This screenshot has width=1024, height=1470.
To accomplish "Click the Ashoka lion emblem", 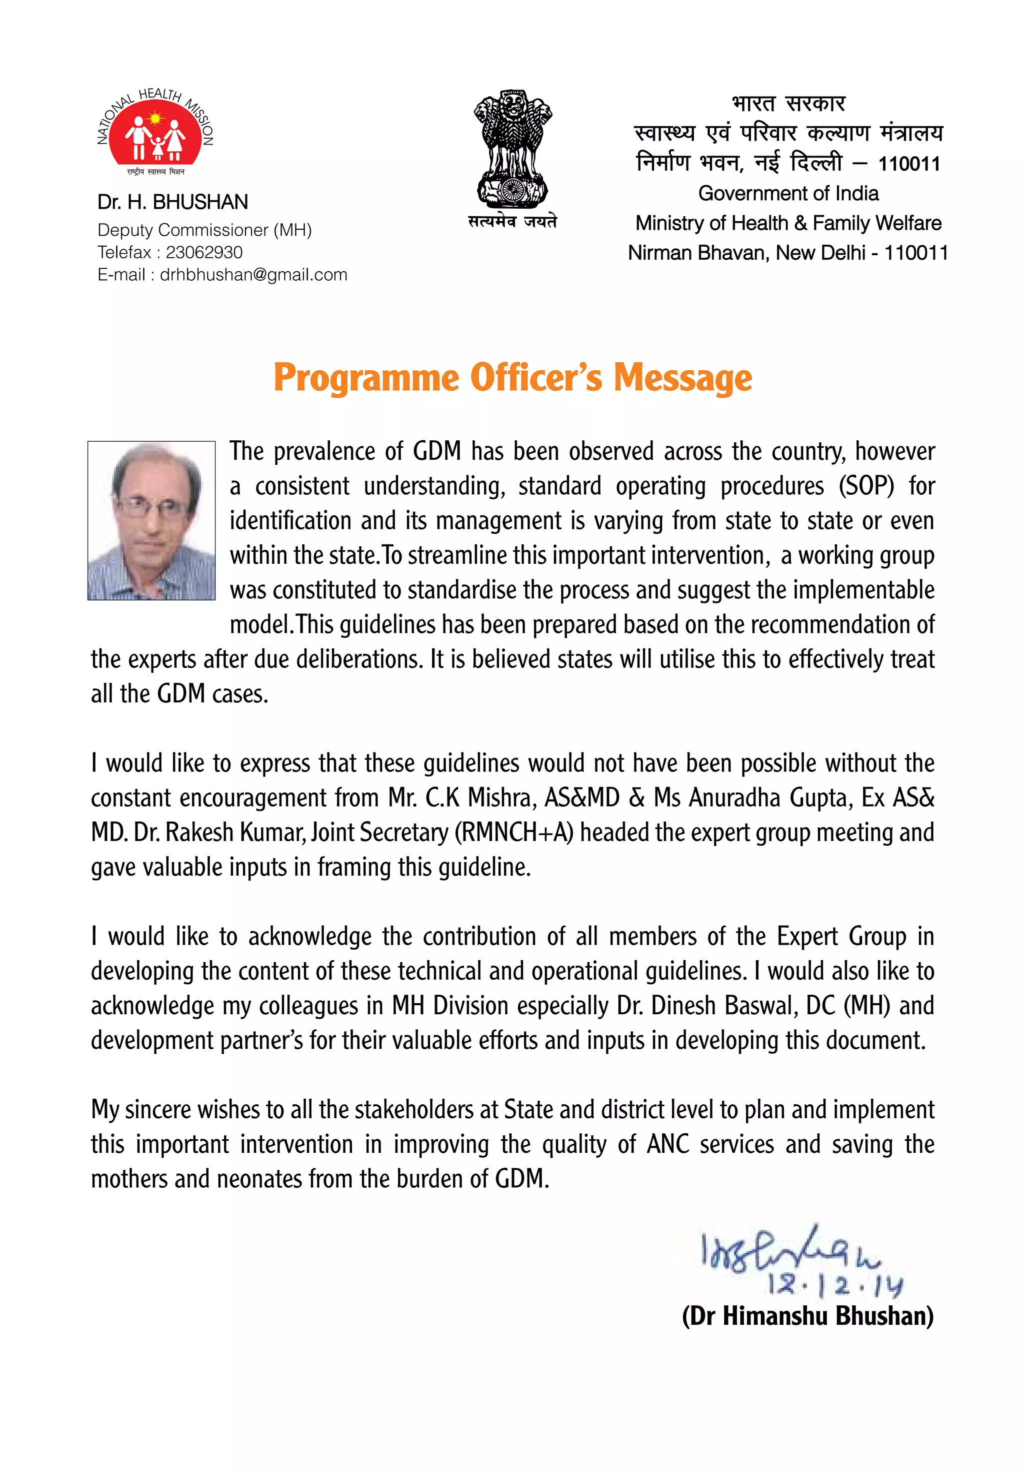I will point(512,149).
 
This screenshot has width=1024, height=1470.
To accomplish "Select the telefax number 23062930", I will point(204,252).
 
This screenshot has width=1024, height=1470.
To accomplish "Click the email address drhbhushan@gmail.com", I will point(253,275).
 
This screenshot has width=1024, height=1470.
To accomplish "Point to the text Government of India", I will point(788,193).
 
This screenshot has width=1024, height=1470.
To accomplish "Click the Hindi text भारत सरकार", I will point(788,103).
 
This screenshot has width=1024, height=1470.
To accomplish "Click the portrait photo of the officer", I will point(151,520).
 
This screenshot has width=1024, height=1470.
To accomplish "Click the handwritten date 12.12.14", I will point(835,1285).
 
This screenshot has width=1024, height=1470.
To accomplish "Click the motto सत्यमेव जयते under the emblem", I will point(512,222).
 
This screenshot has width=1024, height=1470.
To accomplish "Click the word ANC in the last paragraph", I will point(667,1144).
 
